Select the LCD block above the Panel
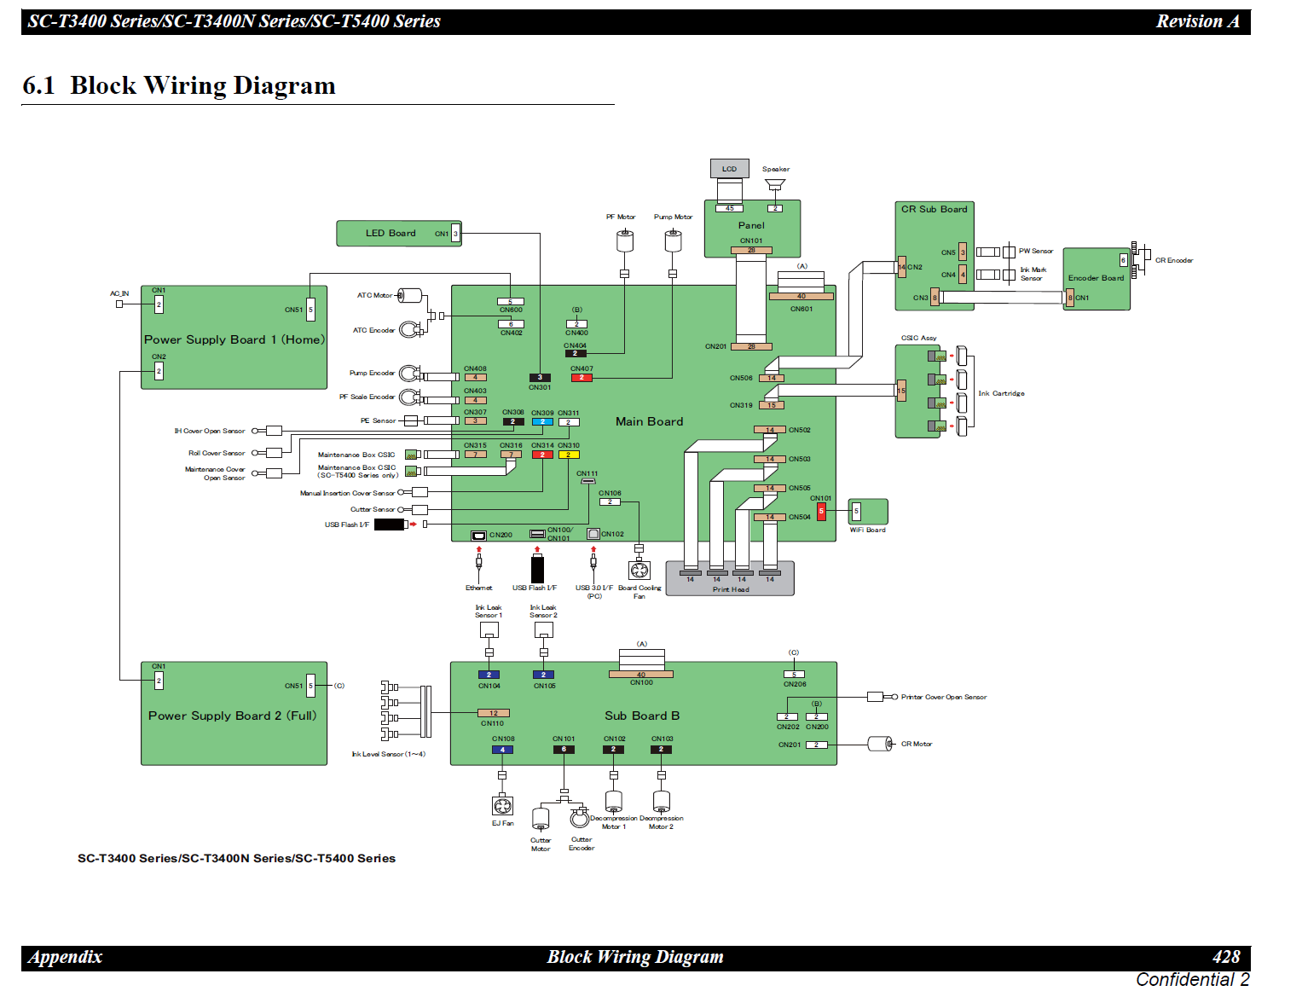pyautogui.click(x=729, y=169)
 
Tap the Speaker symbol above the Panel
pyautogui.click(x=774, y=184)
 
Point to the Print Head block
pyautogui.click(x=730, y=578)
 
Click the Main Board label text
pyautogui.click(x=649, y=421)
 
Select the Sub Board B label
pyautogui.click(x=642, y=716)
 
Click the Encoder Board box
pyautogui.click(x=1096, y=279)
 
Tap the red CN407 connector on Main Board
pyautogui.click(x=582, y=377)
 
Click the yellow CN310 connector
pyautogui.click(x=568, y=455)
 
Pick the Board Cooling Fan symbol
pyautogui.click(x=639, y=570)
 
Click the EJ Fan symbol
pyautogui.click(x=502, y=805)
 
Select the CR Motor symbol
pyautogui.click(x=879, y=744)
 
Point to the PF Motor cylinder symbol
pyautogui.click(x=624, y=241)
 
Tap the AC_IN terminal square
pyautogui.click(x=119, y=304)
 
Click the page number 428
pyautogui.click(x=1225, y=957)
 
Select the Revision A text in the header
pyautogui.click(x=1197, y=21)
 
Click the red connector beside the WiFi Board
pyautogui.click(x=821, y=511)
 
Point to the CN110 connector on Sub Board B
pyautogui.click(x=494, y=713)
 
